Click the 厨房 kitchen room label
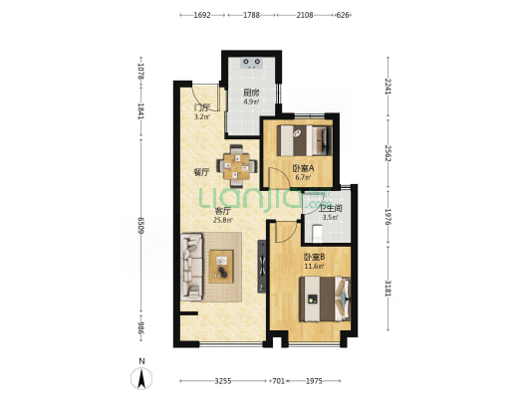point(251,93)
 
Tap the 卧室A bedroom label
point(304,168)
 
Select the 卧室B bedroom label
point(314,257)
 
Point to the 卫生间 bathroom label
point(330,208)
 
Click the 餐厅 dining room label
point(201,172)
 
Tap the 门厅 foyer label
point(201,108)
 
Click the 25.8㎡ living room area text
point(222,220)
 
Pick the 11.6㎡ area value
point(314,266)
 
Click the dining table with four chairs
point(236,166)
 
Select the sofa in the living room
point(191,267)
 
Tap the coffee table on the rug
point(221,267)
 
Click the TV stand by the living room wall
point(262,267)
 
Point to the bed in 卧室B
point(325,298)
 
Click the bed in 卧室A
point(304,140)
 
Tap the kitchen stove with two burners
point(251,63)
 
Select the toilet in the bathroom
point(317,233)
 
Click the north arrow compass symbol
point(141,378)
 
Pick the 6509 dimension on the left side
point(141,225)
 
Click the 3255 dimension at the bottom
point(223,381)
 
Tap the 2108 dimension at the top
point(305,15)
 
